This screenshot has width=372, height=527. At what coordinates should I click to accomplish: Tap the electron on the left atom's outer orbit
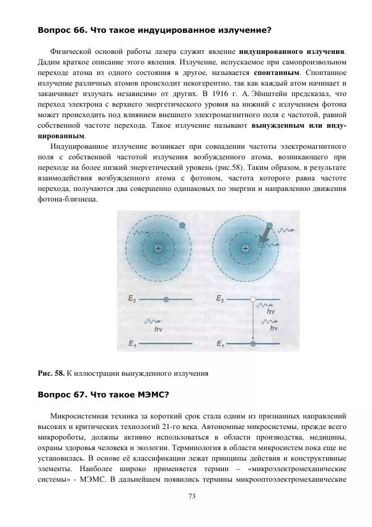[x=181, y=226]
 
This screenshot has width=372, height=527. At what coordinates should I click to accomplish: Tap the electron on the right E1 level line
[x=252, y=343]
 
